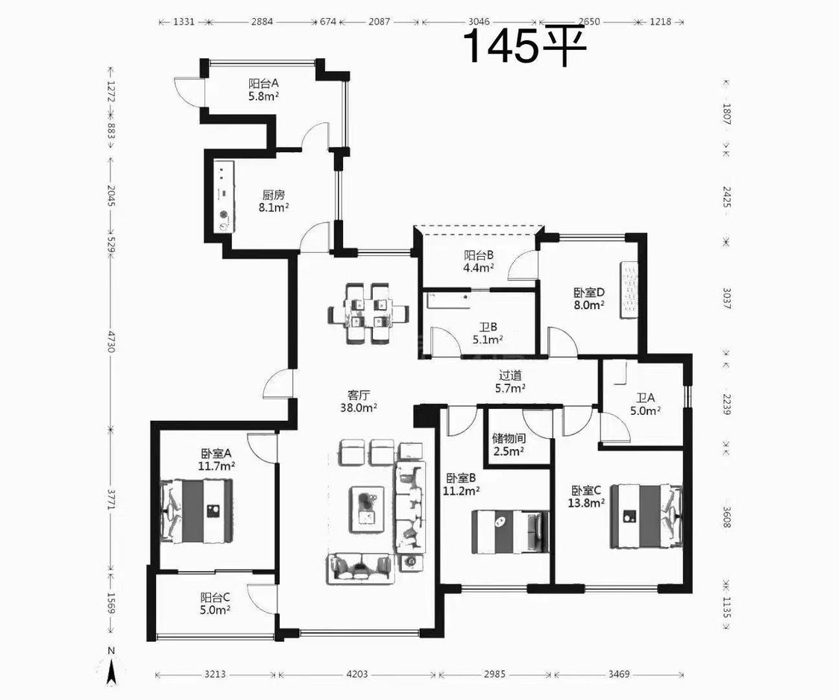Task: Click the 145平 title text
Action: (526, 46)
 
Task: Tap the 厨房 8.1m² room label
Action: (274, 201)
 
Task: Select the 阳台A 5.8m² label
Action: (264, 90)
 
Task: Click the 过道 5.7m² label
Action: (509, 382)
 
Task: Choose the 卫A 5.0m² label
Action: (645, 404)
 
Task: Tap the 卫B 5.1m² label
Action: (488, 333)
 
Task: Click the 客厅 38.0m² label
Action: (359, 401)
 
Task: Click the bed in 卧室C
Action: (647, 516)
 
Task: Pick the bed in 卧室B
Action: (510, 532)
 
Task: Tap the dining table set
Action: (368, 313)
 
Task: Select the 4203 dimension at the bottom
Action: (357, 674)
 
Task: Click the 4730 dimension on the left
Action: (111, 341)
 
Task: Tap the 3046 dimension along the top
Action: (479, 22)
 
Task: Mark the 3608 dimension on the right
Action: (726, 516)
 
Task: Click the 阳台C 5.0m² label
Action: (216, 603)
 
